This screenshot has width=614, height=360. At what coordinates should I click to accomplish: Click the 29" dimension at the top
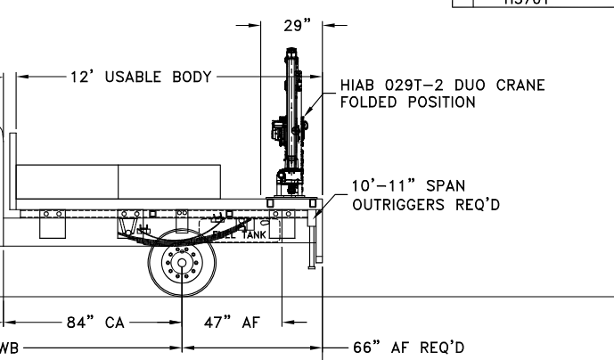292,25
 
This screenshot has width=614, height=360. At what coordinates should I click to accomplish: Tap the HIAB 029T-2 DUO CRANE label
442,86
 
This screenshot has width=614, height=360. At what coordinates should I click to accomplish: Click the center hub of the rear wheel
183,265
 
